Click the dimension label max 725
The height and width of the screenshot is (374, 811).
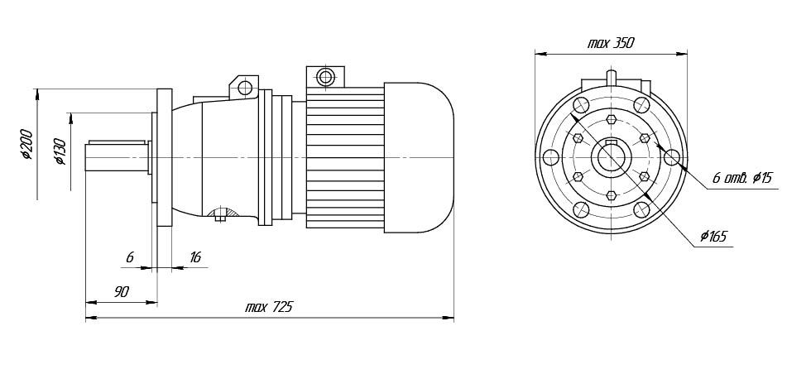click(268, 307)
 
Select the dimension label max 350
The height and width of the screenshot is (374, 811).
click(611, 43)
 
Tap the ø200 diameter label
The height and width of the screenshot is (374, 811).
click(26, 144)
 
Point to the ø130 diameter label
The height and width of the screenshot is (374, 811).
click(60, 151)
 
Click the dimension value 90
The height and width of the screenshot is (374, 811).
click(121, 292)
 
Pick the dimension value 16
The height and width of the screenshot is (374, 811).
click(194, 257)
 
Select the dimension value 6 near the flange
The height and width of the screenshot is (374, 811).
click(130, 257)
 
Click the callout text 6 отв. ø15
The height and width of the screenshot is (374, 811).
click(741, 179)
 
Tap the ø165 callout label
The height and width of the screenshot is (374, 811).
click(713, 237)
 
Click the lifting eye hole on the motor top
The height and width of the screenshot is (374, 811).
click(326, 78)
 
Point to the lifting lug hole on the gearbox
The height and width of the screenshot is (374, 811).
click(244, 88)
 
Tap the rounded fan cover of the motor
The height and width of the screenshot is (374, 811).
click(419, 157)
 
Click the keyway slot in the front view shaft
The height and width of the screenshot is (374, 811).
click(611, 142)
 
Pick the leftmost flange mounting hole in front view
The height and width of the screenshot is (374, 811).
click(551, 157)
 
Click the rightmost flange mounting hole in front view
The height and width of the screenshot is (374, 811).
click(671, 157)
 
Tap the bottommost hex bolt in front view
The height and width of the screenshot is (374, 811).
click(611, 195)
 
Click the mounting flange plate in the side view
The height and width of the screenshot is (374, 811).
click(164, 157)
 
